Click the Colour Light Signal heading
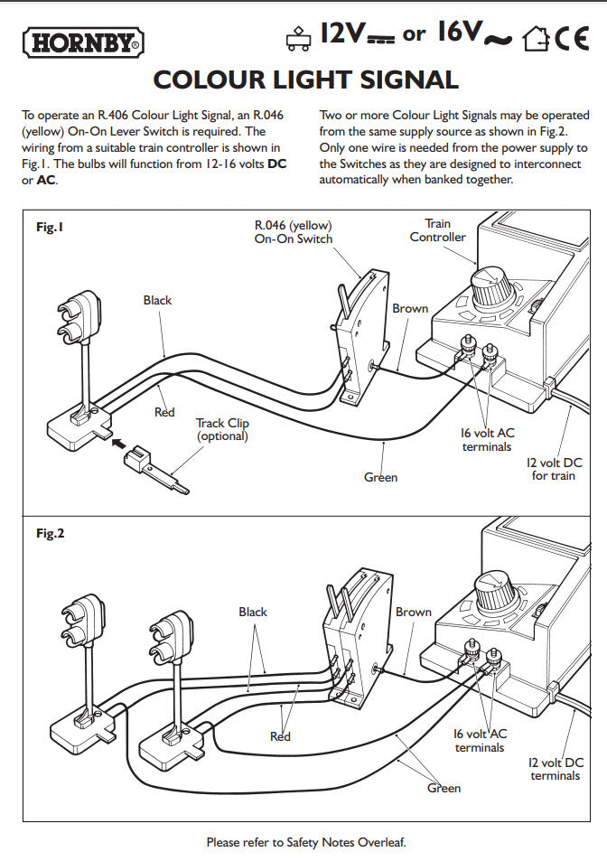tap(305, 80)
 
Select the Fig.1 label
tap(51, 228)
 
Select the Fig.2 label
tap(51, 533)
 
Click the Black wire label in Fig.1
tap(157, 300)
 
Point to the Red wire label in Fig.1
tap(163, 412)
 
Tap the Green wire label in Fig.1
tap(380, 477)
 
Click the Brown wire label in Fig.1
tap(410, 308)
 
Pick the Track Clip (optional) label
tap(221, 429)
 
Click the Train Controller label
tap(437, 230)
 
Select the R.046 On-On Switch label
tap(293, 232)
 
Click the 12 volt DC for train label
tap(553, 469)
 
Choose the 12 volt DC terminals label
tap(555, 769)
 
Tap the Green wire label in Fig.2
tap(444, 788)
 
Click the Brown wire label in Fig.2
tap(414, 612)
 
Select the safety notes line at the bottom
tap(306, 842)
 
